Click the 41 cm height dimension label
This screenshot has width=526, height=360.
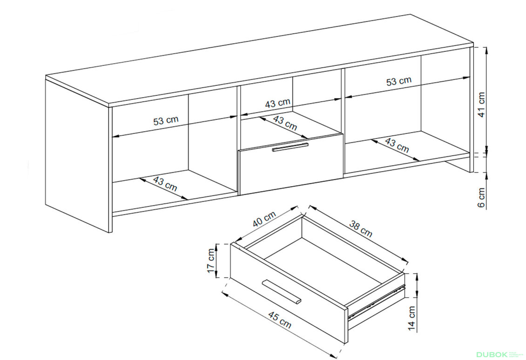click(x=481, y=104)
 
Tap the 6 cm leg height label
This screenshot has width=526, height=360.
click(x=481, y=197)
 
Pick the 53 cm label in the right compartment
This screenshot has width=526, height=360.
click(x=398, y=81)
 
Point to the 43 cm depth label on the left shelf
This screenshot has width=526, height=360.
click(x=165, y=183)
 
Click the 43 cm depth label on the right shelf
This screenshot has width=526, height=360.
click(x=397, y=144)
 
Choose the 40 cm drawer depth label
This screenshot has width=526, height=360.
click(x=264, y=219)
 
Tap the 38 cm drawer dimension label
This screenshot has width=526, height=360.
click(x=361, y=229)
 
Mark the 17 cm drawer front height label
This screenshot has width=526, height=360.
click(x=211, y=261)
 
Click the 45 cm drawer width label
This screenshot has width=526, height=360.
click(x=280, y=319)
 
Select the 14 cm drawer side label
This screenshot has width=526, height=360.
click(x=412, y=318)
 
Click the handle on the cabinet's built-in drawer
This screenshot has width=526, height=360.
click(x=290, y=147)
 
